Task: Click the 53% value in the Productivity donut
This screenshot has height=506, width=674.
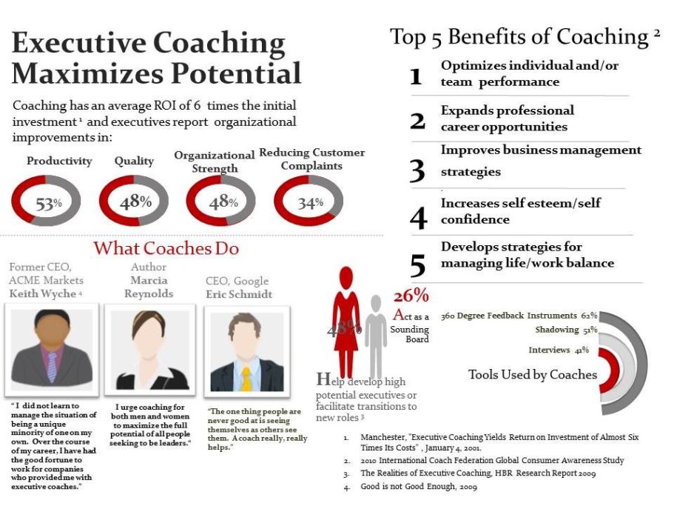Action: tap(49, 203)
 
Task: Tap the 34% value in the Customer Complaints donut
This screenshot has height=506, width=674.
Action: tap(310, 203)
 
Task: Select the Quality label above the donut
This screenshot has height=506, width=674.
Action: tap(134, 161)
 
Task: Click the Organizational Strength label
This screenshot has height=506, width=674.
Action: tap(215, 162)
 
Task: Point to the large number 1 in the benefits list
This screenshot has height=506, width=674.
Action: tap(416, 76)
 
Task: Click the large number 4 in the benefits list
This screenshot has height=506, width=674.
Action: tap(418, 218)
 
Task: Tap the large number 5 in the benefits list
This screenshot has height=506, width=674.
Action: tap(418, 265)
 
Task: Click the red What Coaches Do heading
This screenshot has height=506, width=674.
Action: tap(166, 249)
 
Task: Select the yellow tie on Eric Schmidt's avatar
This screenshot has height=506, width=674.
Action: tap(246, 379)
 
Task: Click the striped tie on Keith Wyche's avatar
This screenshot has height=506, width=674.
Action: tap(52, 367)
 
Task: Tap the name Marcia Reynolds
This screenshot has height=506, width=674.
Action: tap(149, 287)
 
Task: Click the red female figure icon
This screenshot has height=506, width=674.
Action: tap(346, 322)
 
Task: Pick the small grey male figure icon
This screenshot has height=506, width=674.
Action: tap(376, 336)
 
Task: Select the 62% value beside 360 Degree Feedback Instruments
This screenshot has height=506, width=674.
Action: tap(589, 316)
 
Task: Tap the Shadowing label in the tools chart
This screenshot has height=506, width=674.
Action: tap(557, 330)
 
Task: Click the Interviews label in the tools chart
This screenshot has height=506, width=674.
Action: tap(550, 350)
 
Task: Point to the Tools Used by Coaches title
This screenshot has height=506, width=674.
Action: tap(533, 374)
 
